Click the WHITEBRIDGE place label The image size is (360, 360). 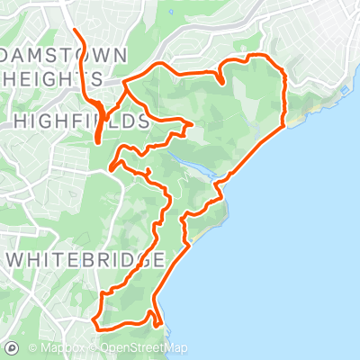click(x=87, y=259)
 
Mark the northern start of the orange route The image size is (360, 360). click(x=73, y=32)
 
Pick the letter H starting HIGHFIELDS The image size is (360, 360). click(x=20, y=120)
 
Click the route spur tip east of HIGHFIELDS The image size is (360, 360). click(x=193, y=123)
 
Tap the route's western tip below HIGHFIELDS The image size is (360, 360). click(x=110, y=166)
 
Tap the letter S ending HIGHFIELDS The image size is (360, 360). click(x=142, y=120)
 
